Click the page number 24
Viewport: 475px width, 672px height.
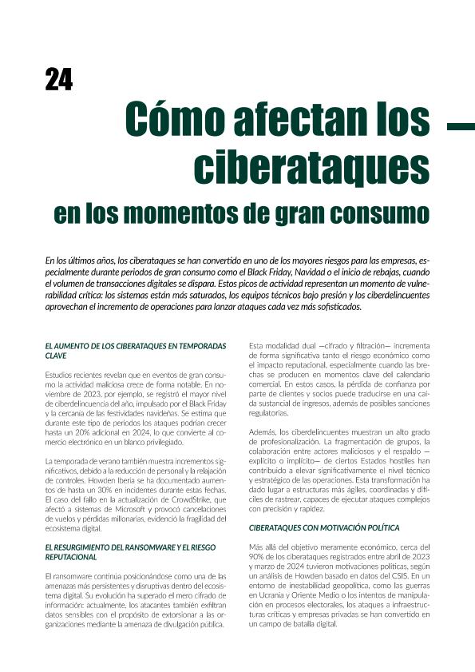click(x=58, y=79)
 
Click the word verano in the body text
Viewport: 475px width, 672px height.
click(x=105, y=461)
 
